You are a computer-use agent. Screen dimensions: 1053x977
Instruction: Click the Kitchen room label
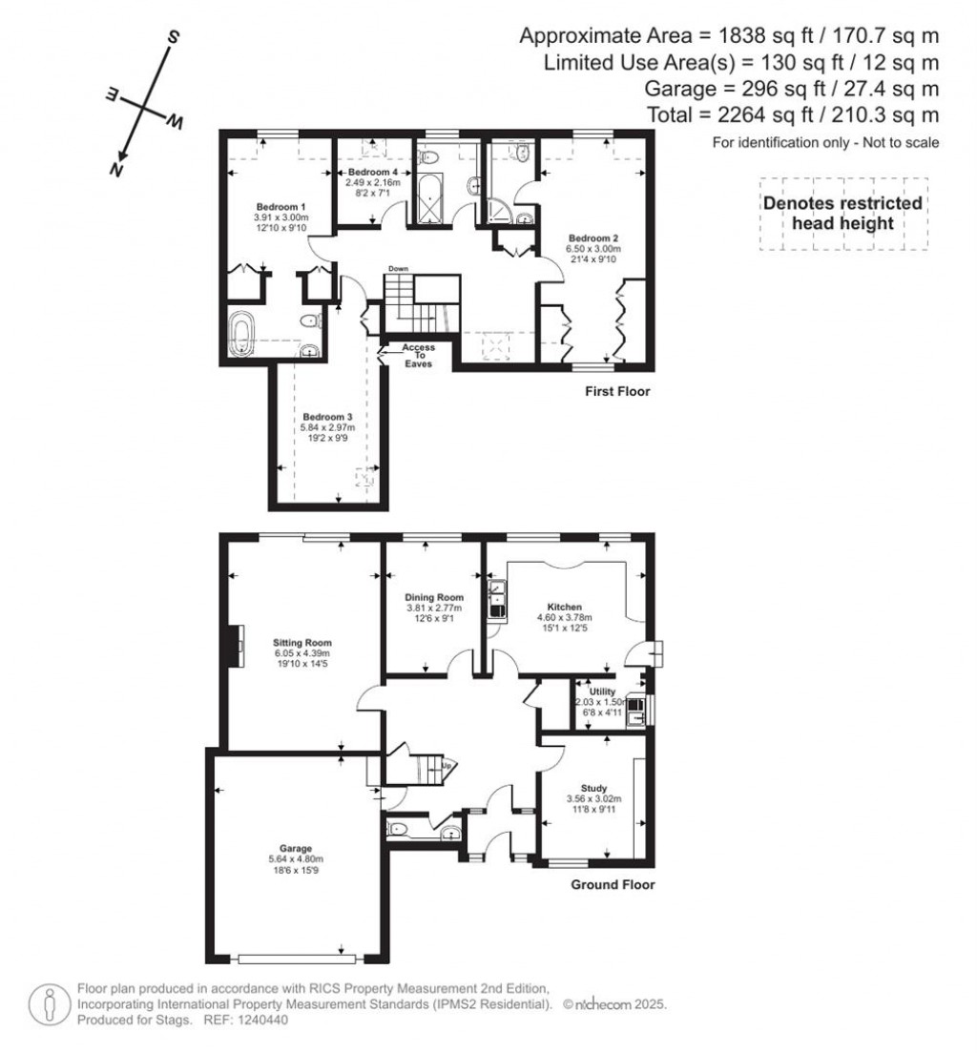tap(565, 607)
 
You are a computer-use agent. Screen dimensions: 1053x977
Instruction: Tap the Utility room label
tap(603, 691)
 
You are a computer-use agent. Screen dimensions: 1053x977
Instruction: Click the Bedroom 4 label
tap(374, 172)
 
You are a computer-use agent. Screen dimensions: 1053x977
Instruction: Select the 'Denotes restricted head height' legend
tap(842, 214)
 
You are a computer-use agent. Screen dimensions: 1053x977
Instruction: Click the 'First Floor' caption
tap(617, 391)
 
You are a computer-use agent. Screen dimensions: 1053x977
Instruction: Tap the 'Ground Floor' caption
tap(613, 884)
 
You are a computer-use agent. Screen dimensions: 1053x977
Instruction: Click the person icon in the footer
tap(47, 1003)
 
